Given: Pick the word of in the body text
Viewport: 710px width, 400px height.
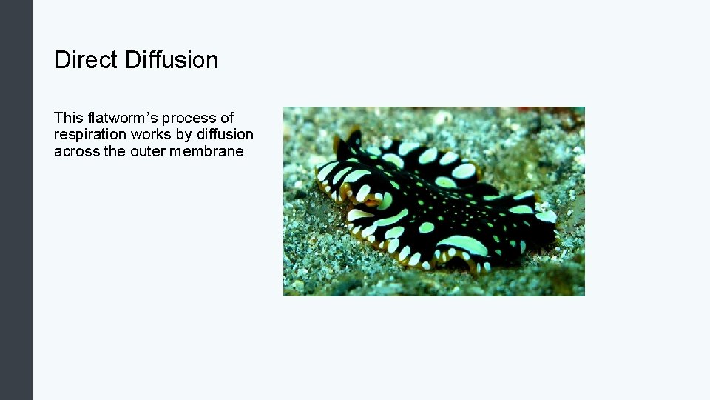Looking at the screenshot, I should (227, 118).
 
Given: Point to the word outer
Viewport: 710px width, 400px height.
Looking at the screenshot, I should (146, 151).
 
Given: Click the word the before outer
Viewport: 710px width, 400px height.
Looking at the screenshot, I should (115, 151).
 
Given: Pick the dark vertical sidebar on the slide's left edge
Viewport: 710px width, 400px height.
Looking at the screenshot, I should (16, 200).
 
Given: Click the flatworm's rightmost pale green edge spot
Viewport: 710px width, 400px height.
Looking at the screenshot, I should (546, 216).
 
